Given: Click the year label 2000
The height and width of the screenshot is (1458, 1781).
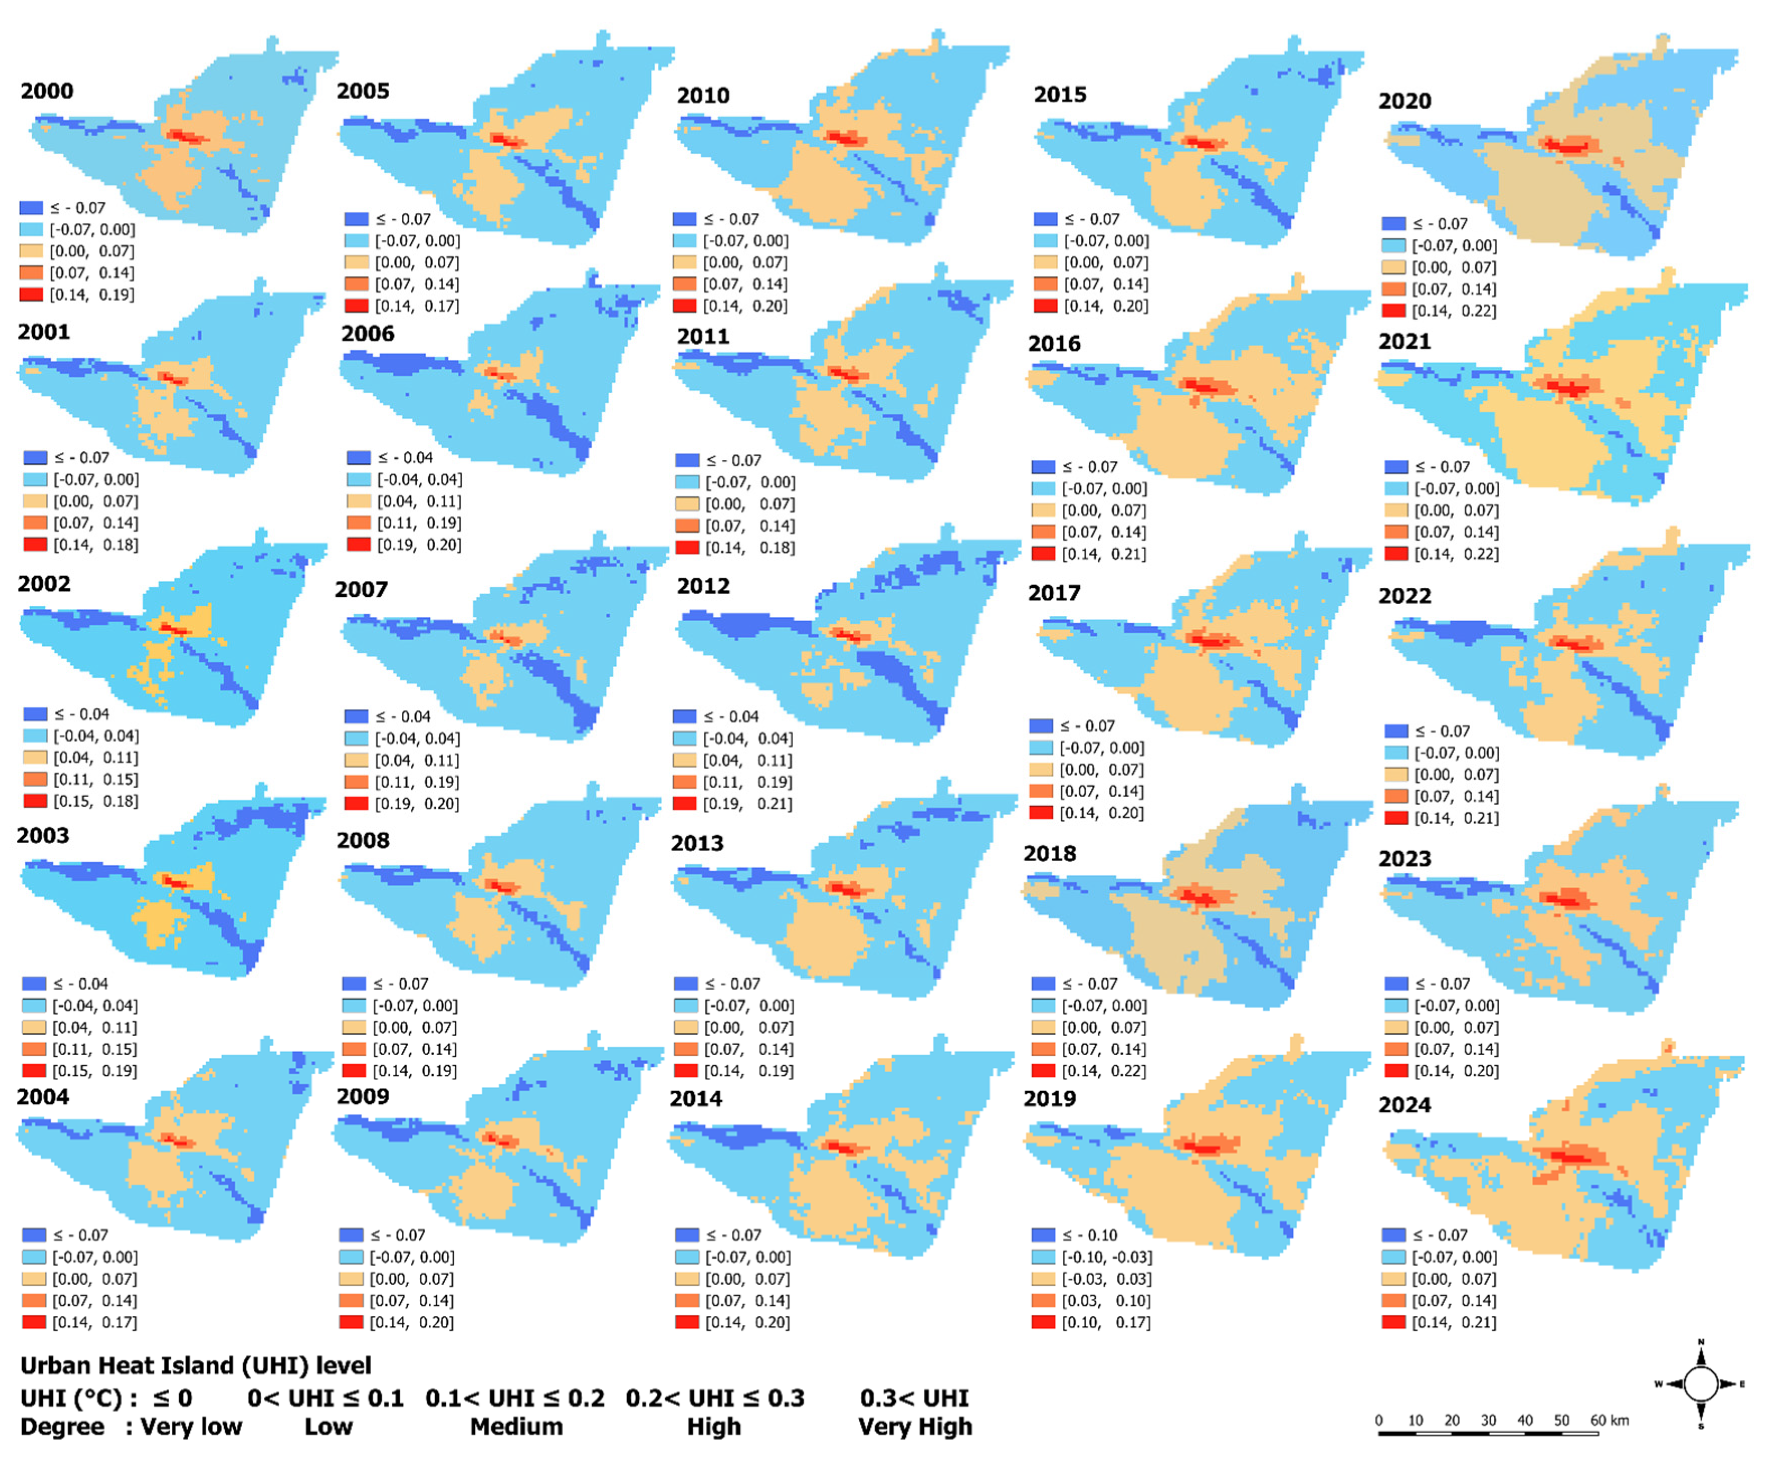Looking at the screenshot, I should click(x=47, y=91).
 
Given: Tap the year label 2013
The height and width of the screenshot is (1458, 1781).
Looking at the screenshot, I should click(x=697, y=843).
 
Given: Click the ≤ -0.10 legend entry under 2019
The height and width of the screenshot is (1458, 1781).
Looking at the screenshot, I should click(x=1089, y=1235).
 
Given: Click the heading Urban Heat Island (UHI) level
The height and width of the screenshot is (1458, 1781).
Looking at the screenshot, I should click(x=196, y=1366).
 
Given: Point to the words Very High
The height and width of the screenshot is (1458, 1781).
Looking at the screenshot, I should click(x=915, y=1427).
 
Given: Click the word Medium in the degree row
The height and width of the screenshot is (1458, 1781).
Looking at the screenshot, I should click(x=516, y=1427).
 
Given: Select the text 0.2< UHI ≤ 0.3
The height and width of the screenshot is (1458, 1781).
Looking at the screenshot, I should click(x=715, y=1398).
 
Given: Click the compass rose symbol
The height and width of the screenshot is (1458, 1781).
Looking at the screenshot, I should click(x=1701, y=1384).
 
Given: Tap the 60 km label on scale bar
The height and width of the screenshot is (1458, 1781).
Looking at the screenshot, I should click(x=1609, y=1420).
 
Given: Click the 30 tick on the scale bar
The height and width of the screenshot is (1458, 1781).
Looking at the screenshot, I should click(x=1488, y=1420).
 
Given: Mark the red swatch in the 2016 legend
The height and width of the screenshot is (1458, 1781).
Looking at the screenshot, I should click(x=1043, y=554).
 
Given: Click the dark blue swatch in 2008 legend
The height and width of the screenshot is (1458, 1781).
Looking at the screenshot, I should click(x=355, y=984).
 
